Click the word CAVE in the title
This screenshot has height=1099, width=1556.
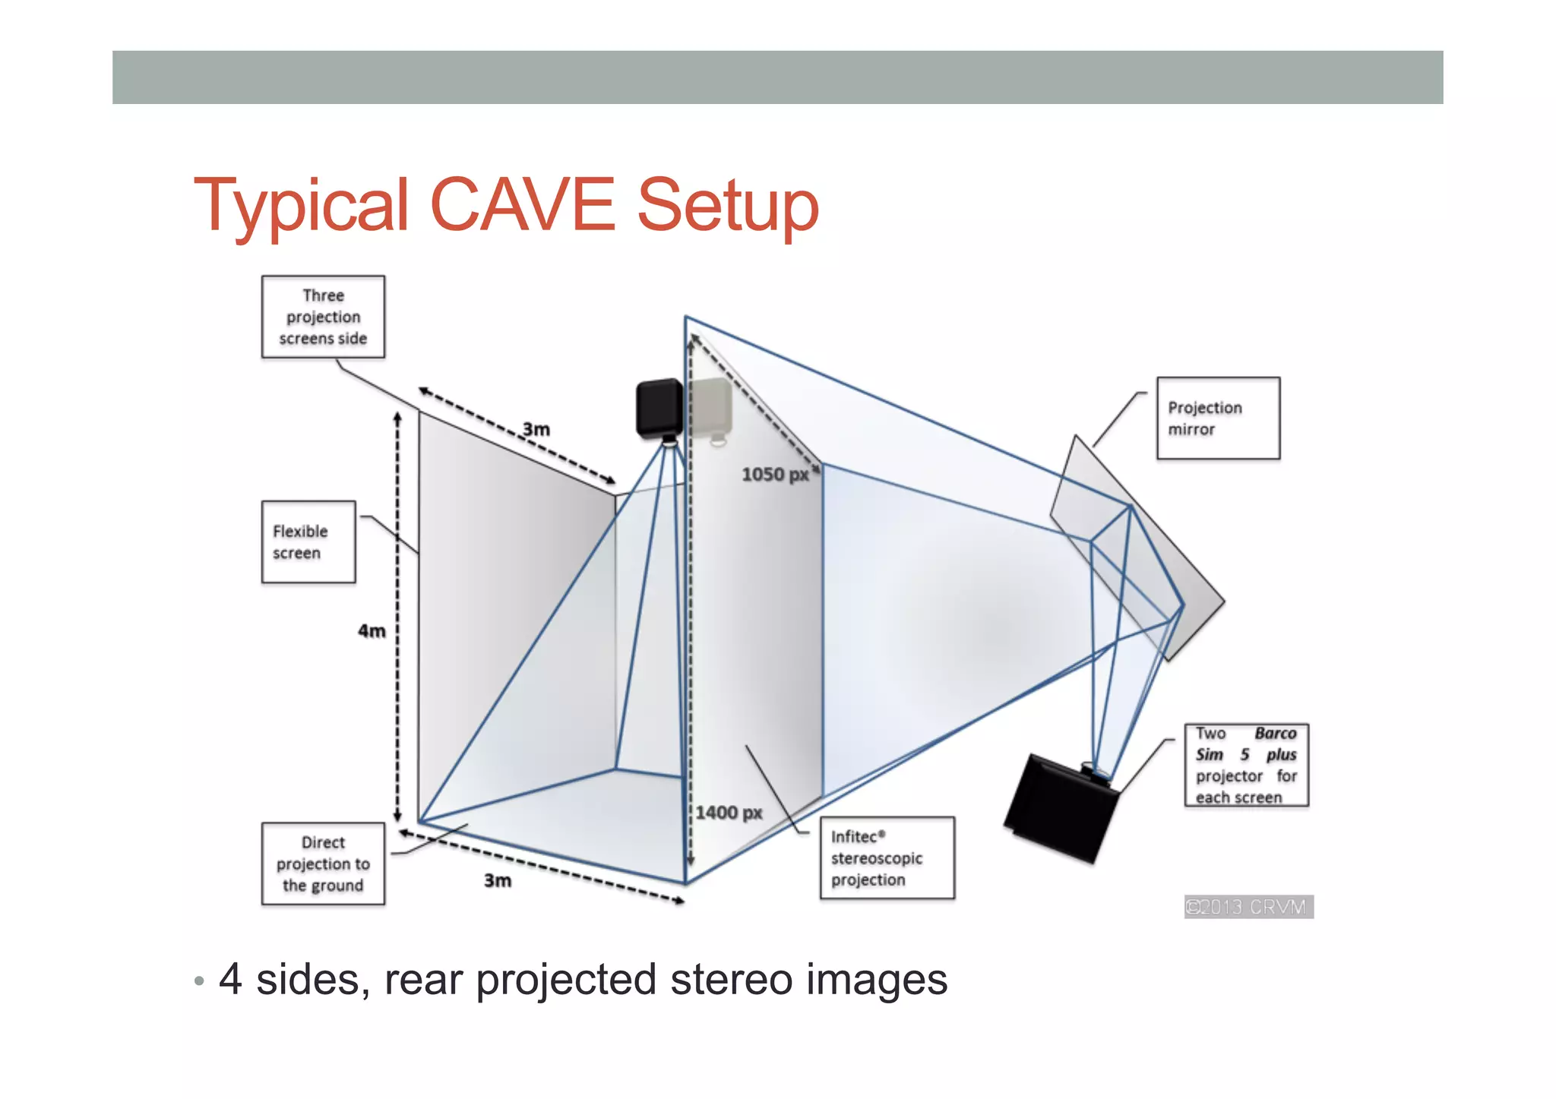(x=522, y=205)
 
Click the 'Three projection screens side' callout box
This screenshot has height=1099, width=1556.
(x=323, y=317)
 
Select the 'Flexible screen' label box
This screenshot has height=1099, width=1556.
(x=308, y=542)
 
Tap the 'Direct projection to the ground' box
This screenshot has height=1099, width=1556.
(x=323, y=864)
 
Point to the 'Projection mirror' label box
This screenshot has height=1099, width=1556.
(x=1218, y=418)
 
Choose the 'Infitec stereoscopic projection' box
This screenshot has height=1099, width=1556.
(x=887, y=858)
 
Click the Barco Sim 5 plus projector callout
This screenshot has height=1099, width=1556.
(x=1246, y=765)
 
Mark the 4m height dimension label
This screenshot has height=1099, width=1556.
(x=372, y=631)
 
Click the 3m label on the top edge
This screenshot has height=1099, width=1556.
(x=536, y=430)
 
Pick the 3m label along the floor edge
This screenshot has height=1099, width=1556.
(x=498, y=880)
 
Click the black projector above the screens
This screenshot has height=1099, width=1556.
(x=659, y=409)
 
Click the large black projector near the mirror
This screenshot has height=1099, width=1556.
(x=1060, y=807)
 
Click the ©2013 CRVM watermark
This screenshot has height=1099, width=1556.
(x=1248, y=907)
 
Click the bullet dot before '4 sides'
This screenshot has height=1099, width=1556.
(x=199, y=981)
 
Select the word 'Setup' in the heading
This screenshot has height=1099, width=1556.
(x=728, y=205)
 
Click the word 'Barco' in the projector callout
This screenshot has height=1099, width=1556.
(x=1275, y=734)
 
